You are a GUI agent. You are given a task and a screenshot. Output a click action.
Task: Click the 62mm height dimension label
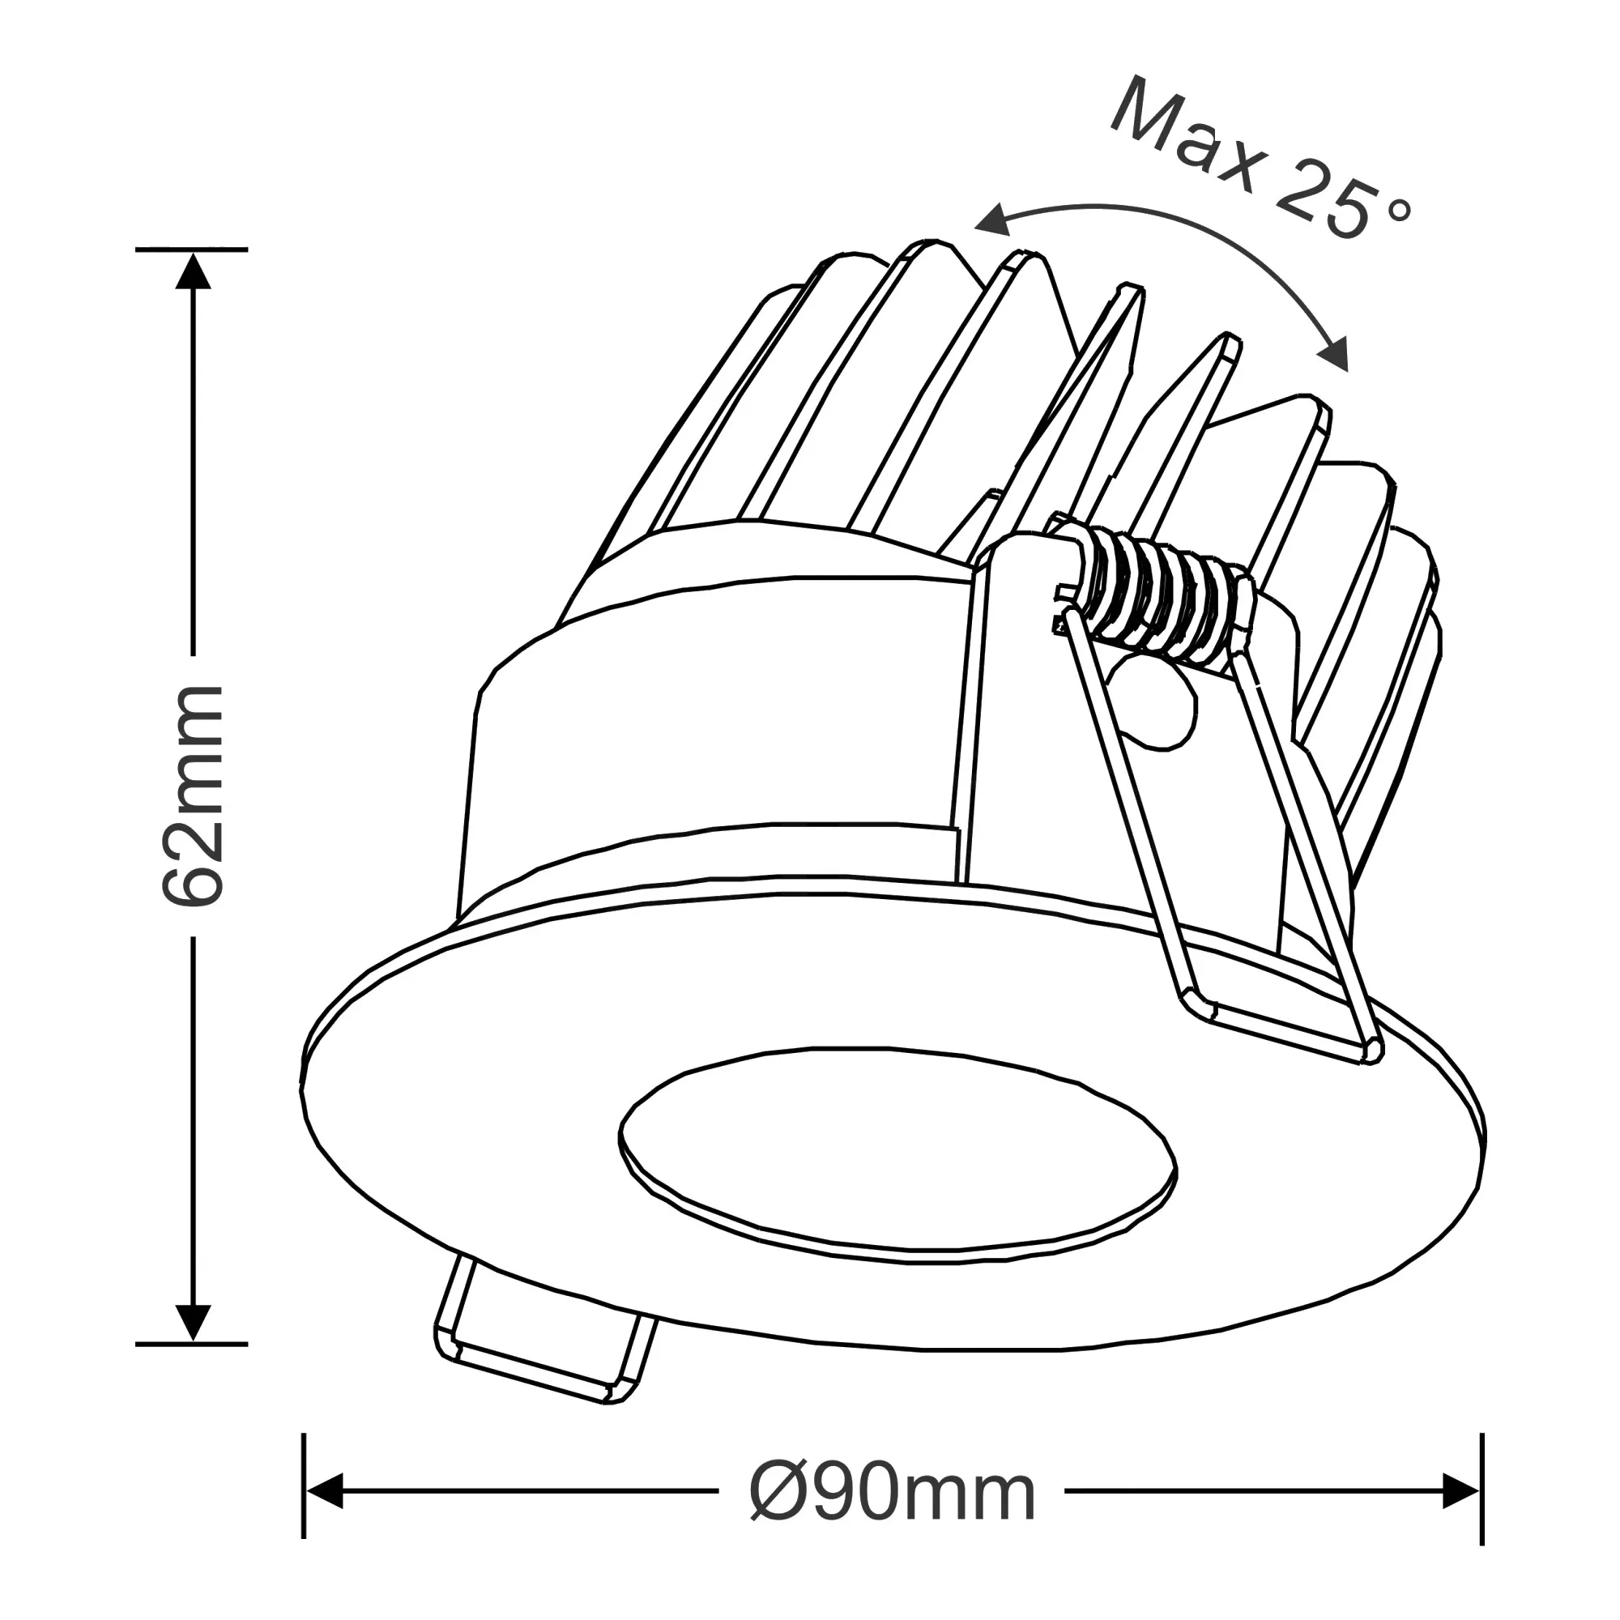[194, 796]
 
